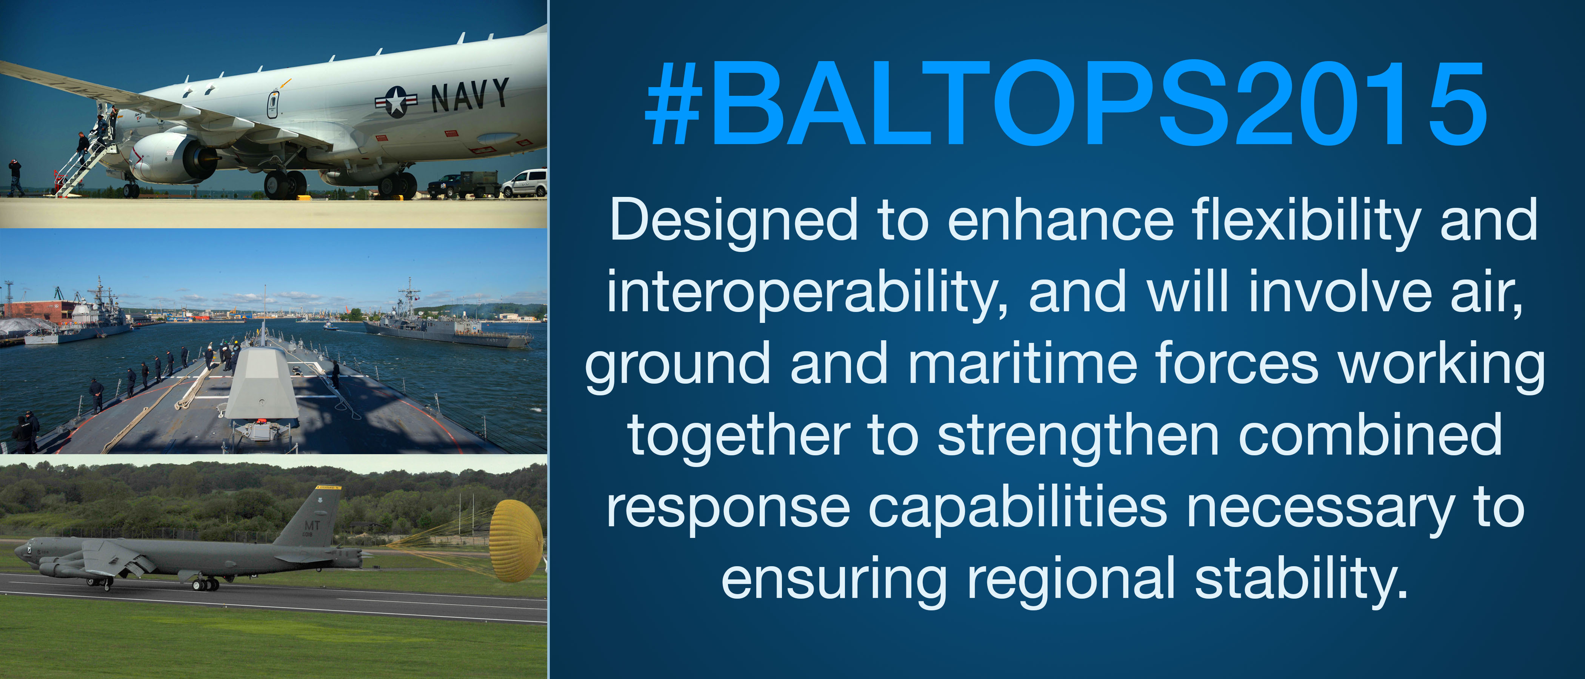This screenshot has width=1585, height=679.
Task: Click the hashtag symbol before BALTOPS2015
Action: coord(674,104)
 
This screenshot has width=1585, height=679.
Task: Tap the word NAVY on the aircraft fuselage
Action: coord(469,95)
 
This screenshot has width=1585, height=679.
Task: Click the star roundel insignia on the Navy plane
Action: coord(396,101)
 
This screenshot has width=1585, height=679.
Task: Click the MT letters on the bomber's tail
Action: coord(312,526)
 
